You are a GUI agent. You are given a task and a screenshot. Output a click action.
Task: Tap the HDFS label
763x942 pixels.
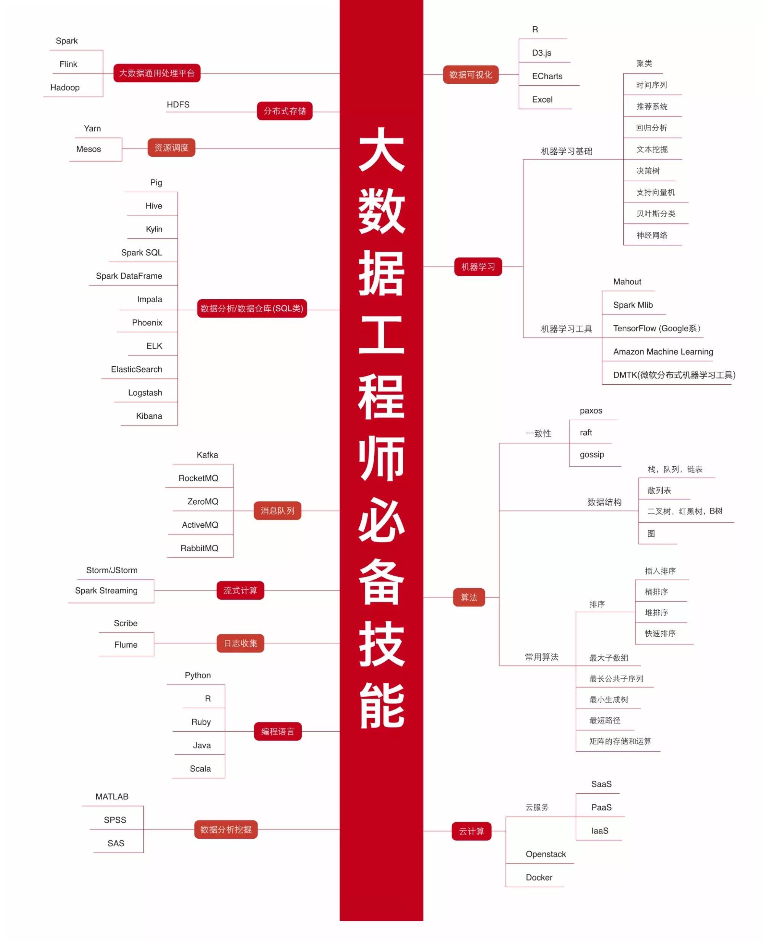pyautogui.click(x=178, y=104)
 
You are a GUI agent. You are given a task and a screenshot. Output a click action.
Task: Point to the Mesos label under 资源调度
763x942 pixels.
pyautogui.click(x=89, y=149)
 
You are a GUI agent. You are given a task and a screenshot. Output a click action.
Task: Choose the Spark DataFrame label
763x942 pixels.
pyautogui.click(x=129, y=276)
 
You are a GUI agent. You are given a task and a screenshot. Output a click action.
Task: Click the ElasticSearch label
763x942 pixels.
pyautogui.click(x=136, y=369)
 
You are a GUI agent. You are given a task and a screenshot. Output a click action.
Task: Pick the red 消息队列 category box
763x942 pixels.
pyautogui.click(x=277, y=510)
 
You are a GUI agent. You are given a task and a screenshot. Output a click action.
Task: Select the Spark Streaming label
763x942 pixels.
pyautogui.click(x=106, y=590)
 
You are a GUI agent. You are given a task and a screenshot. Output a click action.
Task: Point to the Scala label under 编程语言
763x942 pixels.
pyautogui.click(x=200, y=769)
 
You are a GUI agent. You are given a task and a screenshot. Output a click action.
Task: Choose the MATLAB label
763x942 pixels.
pyautogui.click(x=112, y=797)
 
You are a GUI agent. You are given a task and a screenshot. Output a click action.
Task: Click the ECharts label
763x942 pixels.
pyautogui.click(x=547, y=76)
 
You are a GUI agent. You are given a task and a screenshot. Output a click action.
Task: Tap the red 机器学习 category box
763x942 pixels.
pyautogui.click(x=478, y=266)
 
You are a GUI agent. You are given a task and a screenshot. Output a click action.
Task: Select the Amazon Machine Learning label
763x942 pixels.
pyautogui.click(x=663, y=351)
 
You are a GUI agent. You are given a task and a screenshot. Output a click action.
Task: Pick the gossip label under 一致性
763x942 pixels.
pyautogui.click(x=592, y=454)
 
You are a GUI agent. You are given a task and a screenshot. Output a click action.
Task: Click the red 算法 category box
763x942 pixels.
pyautogui.click(x=468, y=597)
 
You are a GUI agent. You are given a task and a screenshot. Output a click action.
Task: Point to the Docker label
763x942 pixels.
pyautogui.click(x=539, y=877)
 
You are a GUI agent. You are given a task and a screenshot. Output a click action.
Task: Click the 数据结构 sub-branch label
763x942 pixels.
pyautogui.click(x=604, y=502)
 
